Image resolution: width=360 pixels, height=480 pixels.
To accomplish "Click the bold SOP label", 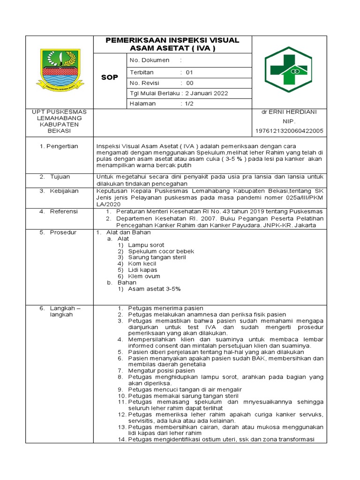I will pos(110,77).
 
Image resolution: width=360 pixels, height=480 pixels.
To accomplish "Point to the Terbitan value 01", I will pos(189,73).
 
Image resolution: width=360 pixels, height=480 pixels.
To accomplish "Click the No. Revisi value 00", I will pos(190,83).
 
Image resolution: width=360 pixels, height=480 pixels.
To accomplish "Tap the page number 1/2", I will pos(188,104).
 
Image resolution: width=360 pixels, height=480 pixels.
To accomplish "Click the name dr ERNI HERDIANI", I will pos(289,112).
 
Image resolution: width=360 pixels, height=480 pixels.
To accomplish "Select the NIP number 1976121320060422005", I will pos(289,131).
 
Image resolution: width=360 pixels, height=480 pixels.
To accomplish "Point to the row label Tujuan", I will pos(60,177).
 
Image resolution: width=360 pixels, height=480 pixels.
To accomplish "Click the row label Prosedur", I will pos(63,232).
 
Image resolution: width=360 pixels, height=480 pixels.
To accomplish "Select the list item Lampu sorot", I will pos(146,245).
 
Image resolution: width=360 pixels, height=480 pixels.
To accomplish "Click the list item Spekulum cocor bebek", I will pos(161,251).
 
